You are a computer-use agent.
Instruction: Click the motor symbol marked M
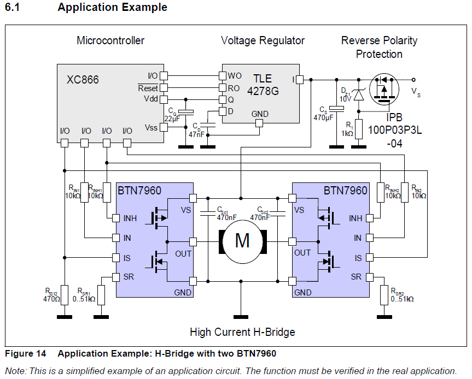pos(242,241)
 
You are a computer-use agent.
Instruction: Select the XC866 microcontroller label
pos(83,80)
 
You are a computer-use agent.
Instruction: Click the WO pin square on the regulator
pos(223,75)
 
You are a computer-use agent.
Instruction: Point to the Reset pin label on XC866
pos(148,88)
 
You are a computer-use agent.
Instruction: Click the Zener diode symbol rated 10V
pos(358,94)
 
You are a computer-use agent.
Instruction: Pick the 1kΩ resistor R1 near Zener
pos(359,126)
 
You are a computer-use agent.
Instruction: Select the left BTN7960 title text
pos(139,191)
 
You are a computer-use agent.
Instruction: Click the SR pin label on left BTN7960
pos(127,276)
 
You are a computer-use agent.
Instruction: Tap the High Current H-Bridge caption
pos(242,331)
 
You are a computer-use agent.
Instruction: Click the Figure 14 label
pos(25,353)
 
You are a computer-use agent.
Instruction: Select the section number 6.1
pos(13,8)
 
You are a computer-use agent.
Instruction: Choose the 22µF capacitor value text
pos(172,119)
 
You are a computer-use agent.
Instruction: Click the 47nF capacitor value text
pos(196,134)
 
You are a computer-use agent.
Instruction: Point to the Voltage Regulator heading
pos(263,40)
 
